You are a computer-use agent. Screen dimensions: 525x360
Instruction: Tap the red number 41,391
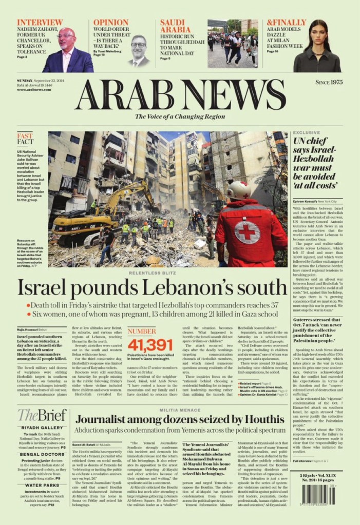(150, 345)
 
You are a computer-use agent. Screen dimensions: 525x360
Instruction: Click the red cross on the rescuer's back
(247, 232)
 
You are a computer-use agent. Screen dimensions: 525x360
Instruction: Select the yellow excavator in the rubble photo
(98, 216)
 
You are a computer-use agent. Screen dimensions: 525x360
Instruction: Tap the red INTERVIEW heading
(40, 23)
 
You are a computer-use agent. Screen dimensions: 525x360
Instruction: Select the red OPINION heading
(111, 23)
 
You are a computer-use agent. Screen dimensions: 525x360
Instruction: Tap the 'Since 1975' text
(329, 82)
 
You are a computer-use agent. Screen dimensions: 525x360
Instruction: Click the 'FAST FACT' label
(25, 139)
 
